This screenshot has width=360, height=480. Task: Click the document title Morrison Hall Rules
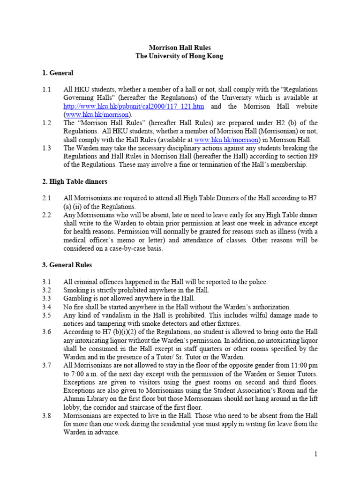tap(180, 47)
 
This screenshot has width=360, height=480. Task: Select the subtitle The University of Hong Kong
tap(180, 56)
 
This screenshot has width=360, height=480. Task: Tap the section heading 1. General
tap(58, 73)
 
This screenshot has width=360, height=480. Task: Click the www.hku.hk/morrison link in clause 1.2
tap(226, 140)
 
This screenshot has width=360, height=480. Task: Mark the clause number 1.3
tap(46, 148)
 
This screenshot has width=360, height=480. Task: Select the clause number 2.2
tap(46, 215)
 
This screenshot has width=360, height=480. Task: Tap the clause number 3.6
tap(46, 332)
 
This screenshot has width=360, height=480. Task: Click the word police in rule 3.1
tap(257, 282)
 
